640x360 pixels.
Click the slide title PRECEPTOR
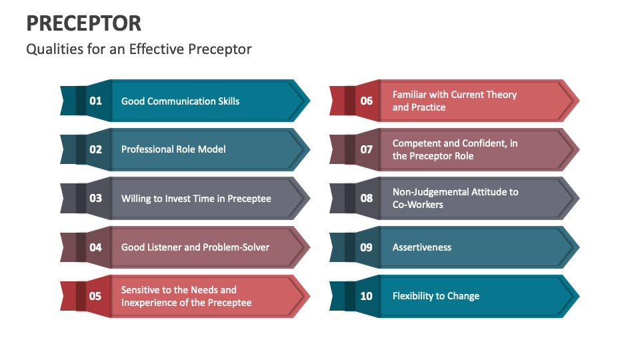point(84,23)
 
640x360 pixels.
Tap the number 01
point(96,101)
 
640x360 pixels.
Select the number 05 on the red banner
point(96,296)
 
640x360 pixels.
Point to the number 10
point(367,296)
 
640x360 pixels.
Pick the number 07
point(367,149)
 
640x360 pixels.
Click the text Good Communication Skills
point(180,101)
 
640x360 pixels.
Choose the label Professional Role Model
point(173,149)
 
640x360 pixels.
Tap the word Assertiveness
point(422,247)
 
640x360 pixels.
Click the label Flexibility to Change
point(436,296)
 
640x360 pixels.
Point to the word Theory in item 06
point(501,95)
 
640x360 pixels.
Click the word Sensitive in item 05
point(140,290)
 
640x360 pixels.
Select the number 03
point(96,198)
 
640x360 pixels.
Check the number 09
point(367,247)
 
